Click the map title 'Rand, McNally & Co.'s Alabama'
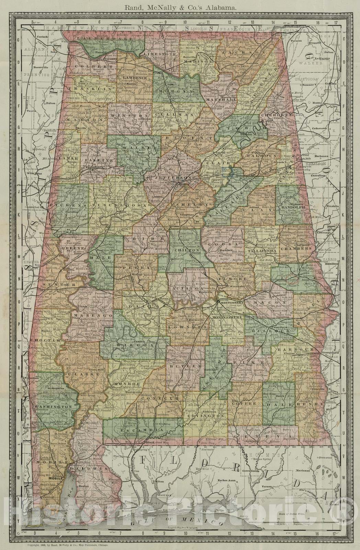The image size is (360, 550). [180, 6]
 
